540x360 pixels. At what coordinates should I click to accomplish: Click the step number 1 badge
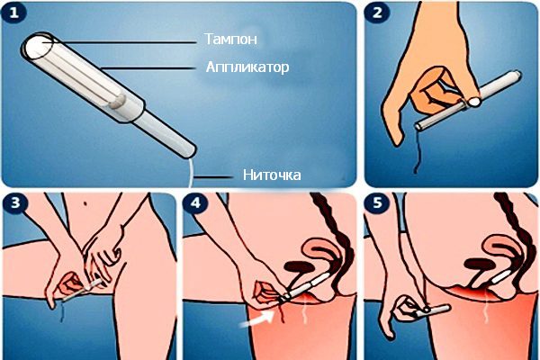coord(13,13)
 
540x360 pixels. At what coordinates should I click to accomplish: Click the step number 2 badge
coord(377,13)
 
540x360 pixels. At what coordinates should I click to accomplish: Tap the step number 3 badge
coord(15,202)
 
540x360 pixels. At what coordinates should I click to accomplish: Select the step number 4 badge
coord(195,202)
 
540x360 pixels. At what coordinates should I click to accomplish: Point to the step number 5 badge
coord(377,202)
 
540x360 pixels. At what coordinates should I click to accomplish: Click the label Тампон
coord(230,39)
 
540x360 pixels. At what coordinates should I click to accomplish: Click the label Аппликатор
coord(247,67)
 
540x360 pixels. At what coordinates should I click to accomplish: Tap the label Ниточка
coord(272,175)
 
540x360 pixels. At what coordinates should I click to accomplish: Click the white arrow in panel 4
coord(256,319)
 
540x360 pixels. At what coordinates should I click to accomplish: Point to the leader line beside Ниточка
coord(213,177)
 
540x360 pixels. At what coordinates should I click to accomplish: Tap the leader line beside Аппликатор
coord(148,68)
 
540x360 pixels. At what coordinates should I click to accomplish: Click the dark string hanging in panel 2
coord(418,152)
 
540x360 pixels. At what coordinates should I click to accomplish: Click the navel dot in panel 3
coord(85,203)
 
